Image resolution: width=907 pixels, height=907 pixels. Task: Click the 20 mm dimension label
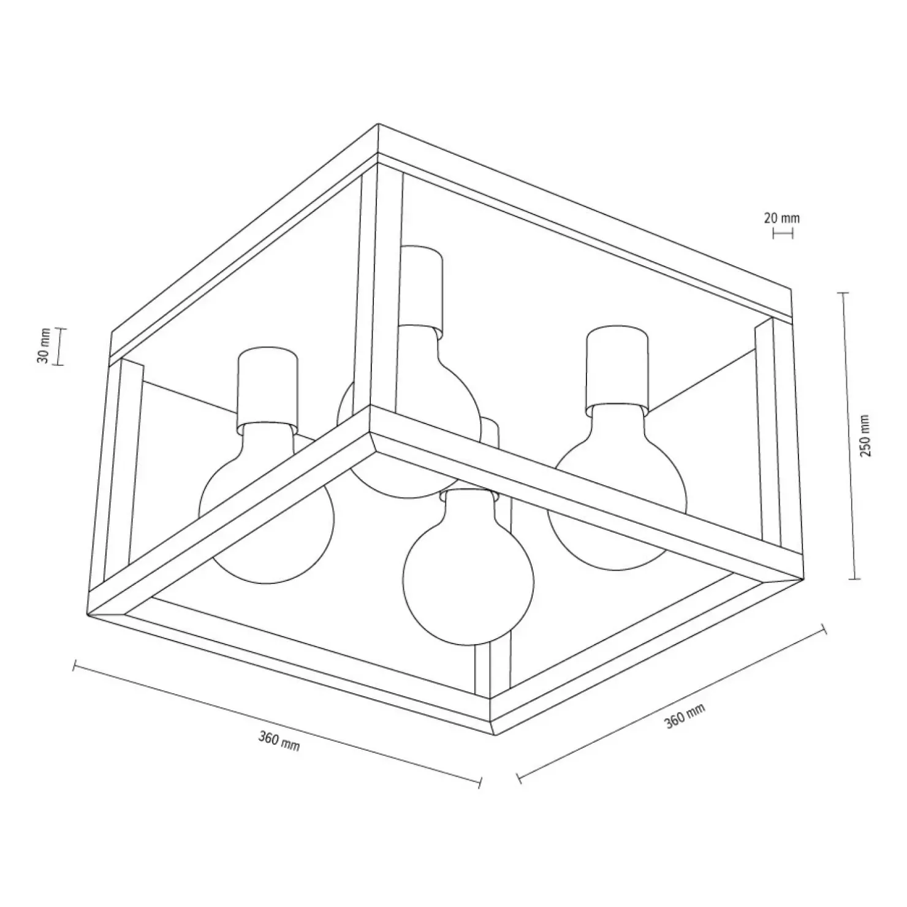tap(782, 218)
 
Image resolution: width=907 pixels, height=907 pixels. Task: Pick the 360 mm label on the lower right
tap(685, 715)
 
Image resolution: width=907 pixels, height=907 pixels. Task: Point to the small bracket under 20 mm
tap(783, 233)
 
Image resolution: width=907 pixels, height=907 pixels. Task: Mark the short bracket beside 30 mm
tap(60, 347)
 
